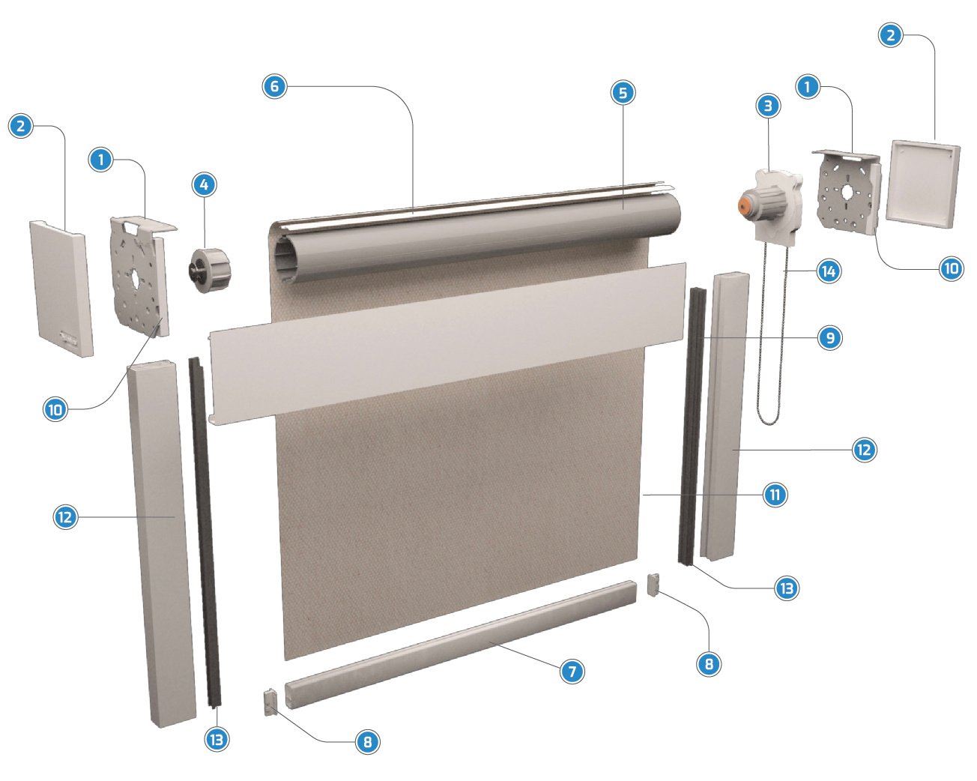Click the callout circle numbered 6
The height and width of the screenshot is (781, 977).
click(x=275, y=86)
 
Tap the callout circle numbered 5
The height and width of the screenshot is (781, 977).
click(x=623, y=93)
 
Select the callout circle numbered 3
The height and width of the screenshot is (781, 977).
click(x=768, y=106)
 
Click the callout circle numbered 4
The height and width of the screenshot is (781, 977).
click(x=204, y=185)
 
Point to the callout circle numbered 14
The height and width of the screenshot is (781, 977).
click(x=829, y=271)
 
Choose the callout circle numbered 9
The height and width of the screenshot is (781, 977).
click(x=830, y=337)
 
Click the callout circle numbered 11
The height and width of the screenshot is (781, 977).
click(x=775, y=495)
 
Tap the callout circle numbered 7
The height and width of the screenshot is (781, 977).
click(x=572, y=671)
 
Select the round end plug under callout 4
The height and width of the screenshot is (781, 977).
click(x=210, y=271)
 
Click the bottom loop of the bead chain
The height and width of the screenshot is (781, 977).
click(x=768, y=420)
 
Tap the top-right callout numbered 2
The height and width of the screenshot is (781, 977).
click(x=890, y=35)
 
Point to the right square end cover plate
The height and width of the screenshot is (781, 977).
click(x=923, y=184)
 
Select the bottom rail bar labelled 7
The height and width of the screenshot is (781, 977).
click(x=460, y=645)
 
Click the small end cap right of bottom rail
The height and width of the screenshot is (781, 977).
click(x=653, y=585)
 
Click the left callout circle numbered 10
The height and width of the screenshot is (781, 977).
click(x=55, y=409)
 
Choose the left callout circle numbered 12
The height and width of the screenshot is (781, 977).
click(x=65, y=517)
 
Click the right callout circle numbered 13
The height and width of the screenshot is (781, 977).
click(x=787, y=588)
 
